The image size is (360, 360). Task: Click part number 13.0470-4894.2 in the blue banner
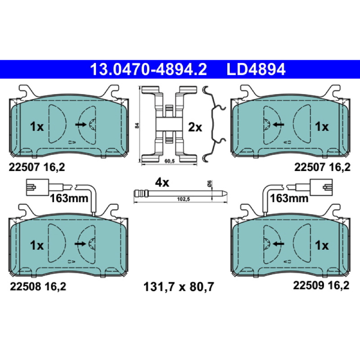(148, 69)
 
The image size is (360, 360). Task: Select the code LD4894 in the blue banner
(256, 69)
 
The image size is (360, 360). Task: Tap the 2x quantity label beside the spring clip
(195, 127)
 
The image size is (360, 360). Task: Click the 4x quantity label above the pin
(162, 183)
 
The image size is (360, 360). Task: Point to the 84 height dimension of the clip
(137, 126)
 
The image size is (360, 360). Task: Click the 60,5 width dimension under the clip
(170, 161)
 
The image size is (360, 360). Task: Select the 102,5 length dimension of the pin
(184, 199)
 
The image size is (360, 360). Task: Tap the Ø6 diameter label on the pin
(209, 184)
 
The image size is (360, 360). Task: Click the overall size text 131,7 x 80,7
(179, 287)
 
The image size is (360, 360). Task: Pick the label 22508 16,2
(38, 286)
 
